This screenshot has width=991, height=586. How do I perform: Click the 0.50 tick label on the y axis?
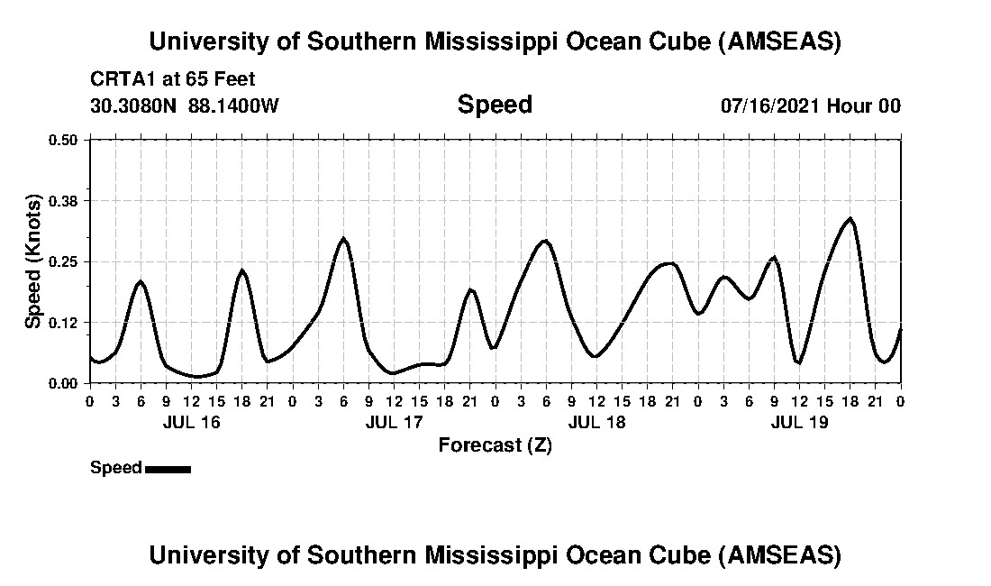click(63, 140)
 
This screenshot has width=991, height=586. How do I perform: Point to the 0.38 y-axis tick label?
click(63, 200)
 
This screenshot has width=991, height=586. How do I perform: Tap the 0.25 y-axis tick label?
click(63, 261)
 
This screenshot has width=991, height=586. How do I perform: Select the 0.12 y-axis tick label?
click(63, 323)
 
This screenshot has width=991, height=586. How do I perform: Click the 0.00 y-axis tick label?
click(63, 383)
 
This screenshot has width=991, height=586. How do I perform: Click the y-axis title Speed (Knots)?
click(33, 261)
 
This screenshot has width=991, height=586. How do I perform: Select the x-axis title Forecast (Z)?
click(495, 444)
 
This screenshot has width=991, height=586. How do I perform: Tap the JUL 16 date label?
click(190, 422)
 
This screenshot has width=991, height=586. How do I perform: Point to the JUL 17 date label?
click(394, 422)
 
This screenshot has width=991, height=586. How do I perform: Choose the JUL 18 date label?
click(596, 422)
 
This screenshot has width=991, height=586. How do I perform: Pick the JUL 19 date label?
click(799, 422)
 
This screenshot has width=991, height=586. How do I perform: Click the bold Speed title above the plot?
click(495, 105)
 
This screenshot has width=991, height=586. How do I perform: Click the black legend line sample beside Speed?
click(168, 469)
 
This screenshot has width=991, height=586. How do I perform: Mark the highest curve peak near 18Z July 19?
click(850, 219)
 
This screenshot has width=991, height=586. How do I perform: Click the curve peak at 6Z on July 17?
click(343, 239)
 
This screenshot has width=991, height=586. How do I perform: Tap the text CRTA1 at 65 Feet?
click(173, 78)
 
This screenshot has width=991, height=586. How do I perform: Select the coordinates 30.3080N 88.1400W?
click(185, 105)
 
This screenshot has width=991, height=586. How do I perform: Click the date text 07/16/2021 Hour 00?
click(810, 105)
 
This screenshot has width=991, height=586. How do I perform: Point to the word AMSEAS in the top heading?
click(781, 41)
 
